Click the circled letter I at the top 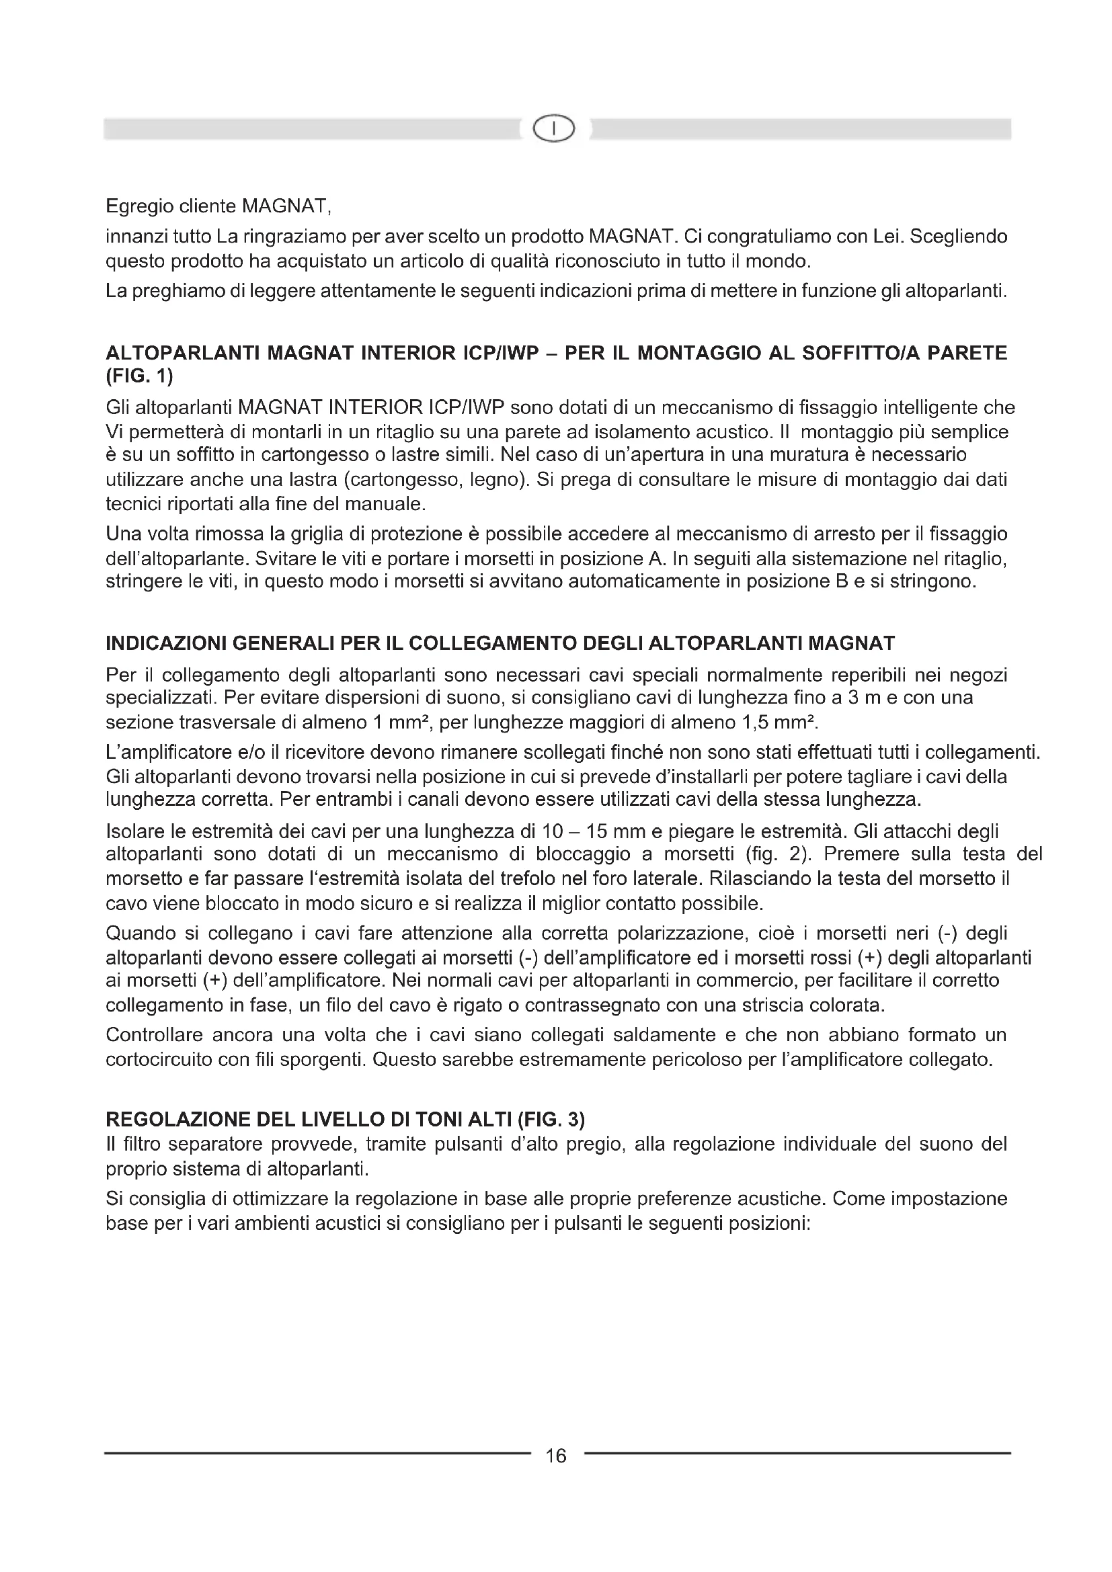tap(555, 129)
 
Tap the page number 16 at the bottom tap(556, 1456)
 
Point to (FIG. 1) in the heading tap(140, 376)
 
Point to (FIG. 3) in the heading tap(551, 1120)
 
